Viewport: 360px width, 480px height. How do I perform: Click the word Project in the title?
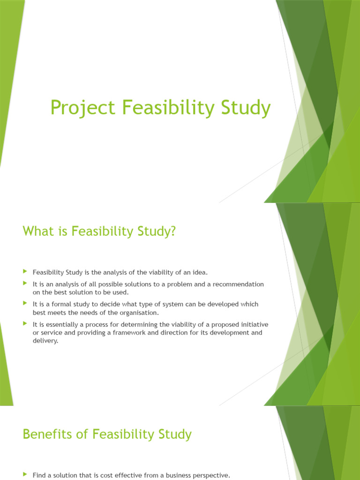tap(82, 108)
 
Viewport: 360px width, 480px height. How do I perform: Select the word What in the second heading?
tap(37, 231)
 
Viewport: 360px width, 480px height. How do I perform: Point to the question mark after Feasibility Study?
tap(172, 231)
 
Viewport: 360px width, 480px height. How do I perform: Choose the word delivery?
tap(45, 341)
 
